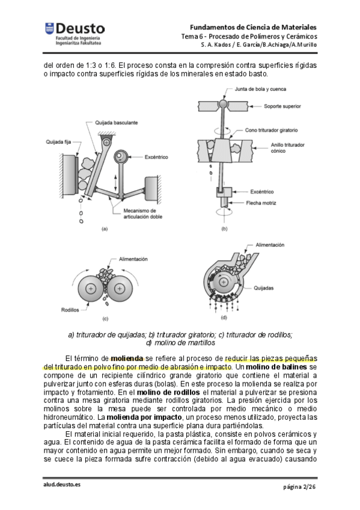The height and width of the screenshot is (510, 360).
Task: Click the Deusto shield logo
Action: click(49, 28)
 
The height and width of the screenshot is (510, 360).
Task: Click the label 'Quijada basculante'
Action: click(117, 123)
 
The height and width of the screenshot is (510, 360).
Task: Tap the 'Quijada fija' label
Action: click(58, 142)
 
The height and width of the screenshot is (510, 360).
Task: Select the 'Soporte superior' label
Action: click(282, 106)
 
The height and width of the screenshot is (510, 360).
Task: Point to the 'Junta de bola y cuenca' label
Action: click(260, 89)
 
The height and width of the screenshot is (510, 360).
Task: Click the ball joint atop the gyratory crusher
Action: click(223, 104)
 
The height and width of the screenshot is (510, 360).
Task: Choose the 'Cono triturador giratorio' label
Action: click(271, 130)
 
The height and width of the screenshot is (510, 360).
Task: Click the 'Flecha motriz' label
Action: click(261, 203)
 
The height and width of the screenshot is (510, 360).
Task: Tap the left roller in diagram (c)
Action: click(91, 289)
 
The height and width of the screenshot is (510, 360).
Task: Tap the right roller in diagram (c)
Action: click(120, 289)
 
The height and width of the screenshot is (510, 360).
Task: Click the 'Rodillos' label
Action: click(70, 310)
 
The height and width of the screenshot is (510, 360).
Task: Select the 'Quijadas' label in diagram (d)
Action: click(263, 288)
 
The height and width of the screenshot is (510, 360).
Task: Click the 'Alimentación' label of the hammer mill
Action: click(270, 245)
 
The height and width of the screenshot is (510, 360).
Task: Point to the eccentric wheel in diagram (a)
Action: click(121, 157)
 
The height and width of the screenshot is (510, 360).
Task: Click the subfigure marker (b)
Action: click(224, 229)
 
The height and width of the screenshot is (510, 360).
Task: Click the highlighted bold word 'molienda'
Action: click(127, 358)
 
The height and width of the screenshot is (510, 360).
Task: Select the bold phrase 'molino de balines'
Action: click(276, 367)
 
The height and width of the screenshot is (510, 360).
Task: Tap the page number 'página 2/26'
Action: click(299, 487)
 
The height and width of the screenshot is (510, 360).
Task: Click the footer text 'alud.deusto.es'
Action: click(62, 484)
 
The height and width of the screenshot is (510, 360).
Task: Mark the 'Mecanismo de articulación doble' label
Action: click(142, 214)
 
